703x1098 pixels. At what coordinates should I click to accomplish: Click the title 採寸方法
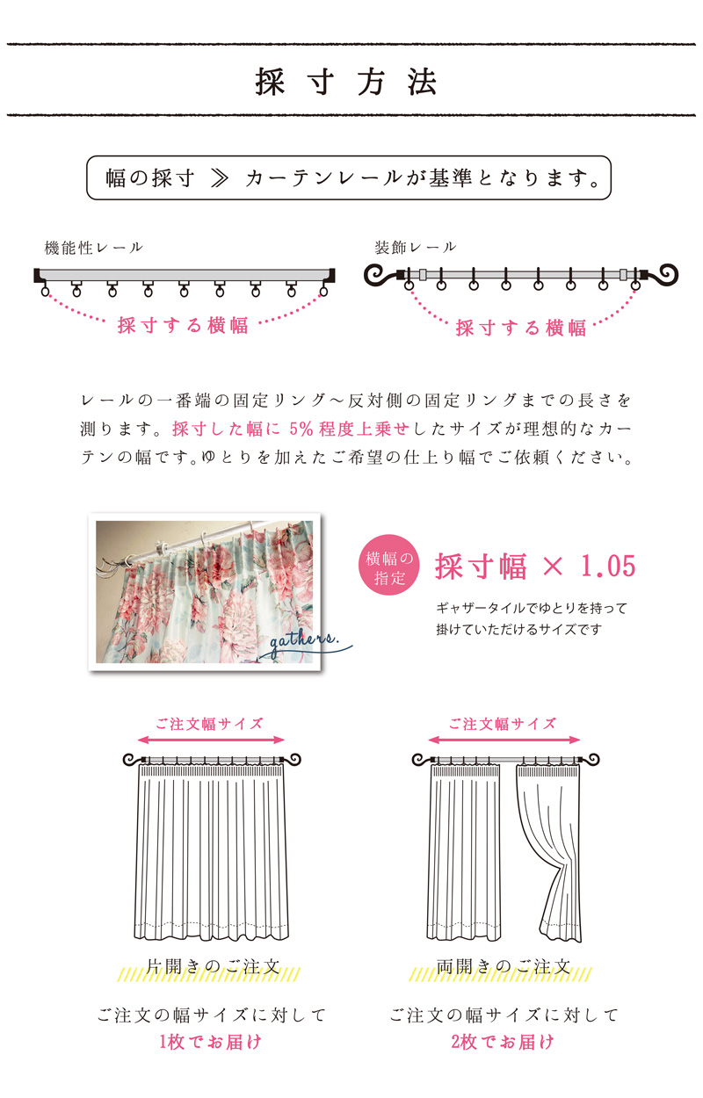pos(345,81)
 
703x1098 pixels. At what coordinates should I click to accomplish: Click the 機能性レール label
pos(94,248)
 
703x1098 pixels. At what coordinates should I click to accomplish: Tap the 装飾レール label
pos(416,247)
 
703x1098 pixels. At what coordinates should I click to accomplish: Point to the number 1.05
pos(608,566)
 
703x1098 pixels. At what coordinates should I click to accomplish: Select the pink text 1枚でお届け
pos(210,1041)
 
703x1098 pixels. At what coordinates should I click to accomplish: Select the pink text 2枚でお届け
pos(502,1041)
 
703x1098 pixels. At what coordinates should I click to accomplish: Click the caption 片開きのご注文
pos(213,966)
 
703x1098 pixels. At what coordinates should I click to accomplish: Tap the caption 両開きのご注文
pos(504,966)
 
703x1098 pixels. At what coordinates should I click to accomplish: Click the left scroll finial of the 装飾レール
pos(379,276)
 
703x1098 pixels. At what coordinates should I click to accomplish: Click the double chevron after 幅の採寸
pos(219,178)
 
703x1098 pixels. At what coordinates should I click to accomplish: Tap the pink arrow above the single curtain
pos(211,740)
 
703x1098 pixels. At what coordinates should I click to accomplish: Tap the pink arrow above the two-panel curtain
pos(504,740)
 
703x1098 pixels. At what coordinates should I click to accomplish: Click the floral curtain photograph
pos(205,592)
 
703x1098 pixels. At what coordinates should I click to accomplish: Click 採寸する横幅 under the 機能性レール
pos(183,326)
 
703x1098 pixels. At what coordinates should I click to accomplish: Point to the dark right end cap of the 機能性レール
pos(331,275)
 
